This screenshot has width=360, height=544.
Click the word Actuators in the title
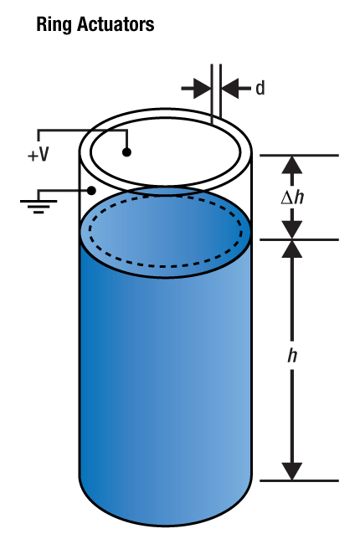pyautogui.click(x=116, y=24)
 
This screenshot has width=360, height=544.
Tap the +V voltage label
pyautogui.click(x=39, y=155)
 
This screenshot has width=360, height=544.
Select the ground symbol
pyautogui.click(x=39, y=206)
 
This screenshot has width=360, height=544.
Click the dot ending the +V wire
pyautogui.click(x=126, y=152)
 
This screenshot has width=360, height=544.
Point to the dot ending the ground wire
pyautogui.click(x=91, y=191)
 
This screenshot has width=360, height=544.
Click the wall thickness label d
pyautogui.click(x=260, y=88)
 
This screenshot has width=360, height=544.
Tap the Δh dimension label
pyautogui.click(x=292, y=198)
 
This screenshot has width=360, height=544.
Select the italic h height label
pyautogui.click(x=292, y=355)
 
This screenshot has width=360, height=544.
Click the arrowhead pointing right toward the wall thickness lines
pyautogui.click(x=202, y=89)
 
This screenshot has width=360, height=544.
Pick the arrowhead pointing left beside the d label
pyautogui.click(x=230, y=89)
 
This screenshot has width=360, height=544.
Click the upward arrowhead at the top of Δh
pyautogui.click(x=291, y=165)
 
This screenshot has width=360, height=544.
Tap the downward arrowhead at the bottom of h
pyautogui.click(x=291, y=471)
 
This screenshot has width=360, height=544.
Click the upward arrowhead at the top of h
pyautogui.click(x=291, y=249)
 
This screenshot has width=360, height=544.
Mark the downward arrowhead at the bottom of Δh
pyautogui.click(x=291, y=230)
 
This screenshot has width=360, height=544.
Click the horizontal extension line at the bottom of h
pyautogui.click(x=299, y=481)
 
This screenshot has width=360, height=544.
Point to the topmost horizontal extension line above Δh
pyautogui.click(x=299, y=155)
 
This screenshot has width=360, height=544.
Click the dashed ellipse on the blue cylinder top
pyautogui.click(x=166, y=265)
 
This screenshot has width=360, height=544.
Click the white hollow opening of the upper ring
pyautogui.click(x=165, y=152)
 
